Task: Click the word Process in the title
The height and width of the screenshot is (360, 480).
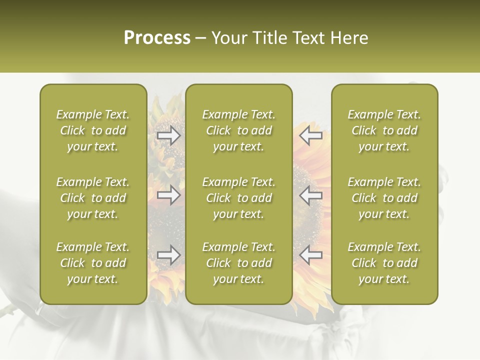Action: (x=157, y=38)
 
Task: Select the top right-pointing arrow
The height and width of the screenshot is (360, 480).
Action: (x=168, y=135)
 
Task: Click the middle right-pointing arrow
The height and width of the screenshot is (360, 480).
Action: (x=168, y=195)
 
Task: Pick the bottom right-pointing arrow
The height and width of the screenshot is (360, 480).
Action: (x=168, y=255)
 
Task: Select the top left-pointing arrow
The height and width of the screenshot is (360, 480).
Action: (x=311, y=135)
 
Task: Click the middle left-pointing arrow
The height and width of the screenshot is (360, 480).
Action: (x=311, y=195)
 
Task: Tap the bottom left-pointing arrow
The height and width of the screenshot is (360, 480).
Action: (x=311, y=255)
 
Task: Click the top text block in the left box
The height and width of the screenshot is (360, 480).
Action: (x=93, y=130)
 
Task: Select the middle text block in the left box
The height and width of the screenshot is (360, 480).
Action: (x=93, y=198)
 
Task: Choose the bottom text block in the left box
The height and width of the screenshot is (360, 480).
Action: (x=93, y=263)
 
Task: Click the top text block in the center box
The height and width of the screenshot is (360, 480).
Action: (x=239, y=130)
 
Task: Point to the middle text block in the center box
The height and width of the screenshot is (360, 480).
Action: (x=239, y=198)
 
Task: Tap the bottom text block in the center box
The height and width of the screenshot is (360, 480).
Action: (x=239, y=263)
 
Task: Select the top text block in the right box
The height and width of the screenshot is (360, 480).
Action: (x=384, y=130)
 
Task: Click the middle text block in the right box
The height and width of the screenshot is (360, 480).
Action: (x=384, y=198)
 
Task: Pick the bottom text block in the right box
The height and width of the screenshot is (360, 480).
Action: (x=384, y=263)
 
